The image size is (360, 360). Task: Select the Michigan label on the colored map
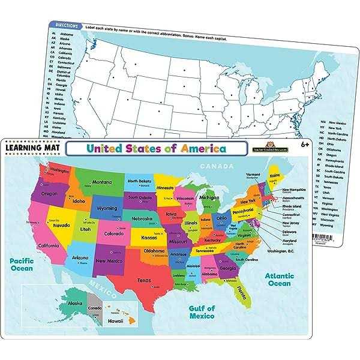click(x=209, y=197)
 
